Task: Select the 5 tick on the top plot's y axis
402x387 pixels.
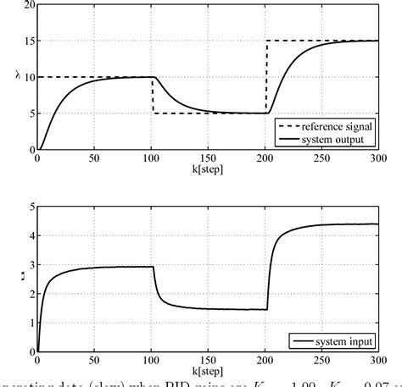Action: click(x=31, y=113)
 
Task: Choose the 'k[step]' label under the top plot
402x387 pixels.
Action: click(x=209, y=169)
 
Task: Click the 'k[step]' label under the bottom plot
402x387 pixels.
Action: click(x=209, y=370)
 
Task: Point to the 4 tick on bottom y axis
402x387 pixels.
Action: click(x=31, y=236)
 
